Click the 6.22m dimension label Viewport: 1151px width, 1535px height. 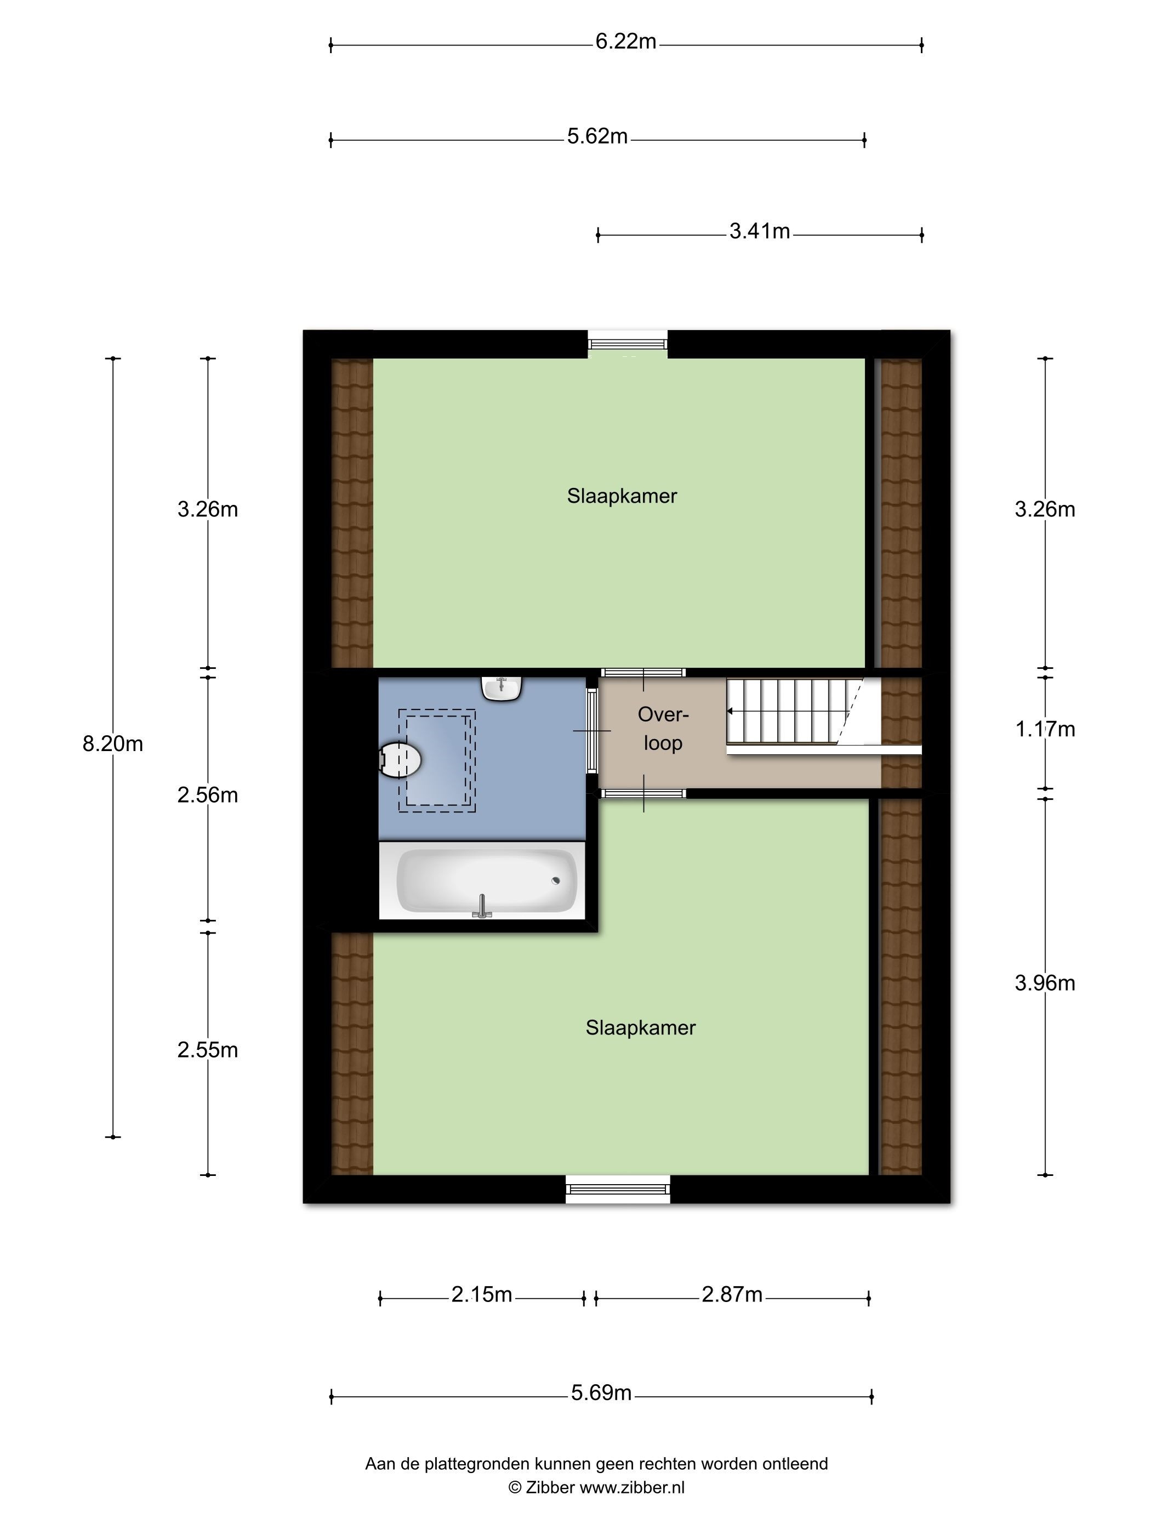[625, 42]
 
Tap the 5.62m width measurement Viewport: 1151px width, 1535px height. [597, 136]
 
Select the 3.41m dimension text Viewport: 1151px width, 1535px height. [759, 231]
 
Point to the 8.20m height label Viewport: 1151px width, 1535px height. [112, 744]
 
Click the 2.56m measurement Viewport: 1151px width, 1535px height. [207, 795]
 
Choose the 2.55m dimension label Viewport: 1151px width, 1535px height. [207, 1050]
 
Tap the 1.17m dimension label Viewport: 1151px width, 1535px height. [1045, 729]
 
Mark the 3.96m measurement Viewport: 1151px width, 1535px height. [1045, 983]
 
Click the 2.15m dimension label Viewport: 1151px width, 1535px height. [481, 1294]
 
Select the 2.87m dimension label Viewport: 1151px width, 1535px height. [732, 1294]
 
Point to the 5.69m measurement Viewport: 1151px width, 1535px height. [601, 1393]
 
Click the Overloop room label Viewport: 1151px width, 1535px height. [663, 729]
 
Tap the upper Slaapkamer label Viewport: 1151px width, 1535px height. [622, 496]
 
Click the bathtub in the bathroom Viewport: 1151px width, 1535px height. [486, 880]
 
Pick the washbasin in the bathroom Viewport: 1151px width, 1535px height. [502, 689]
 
